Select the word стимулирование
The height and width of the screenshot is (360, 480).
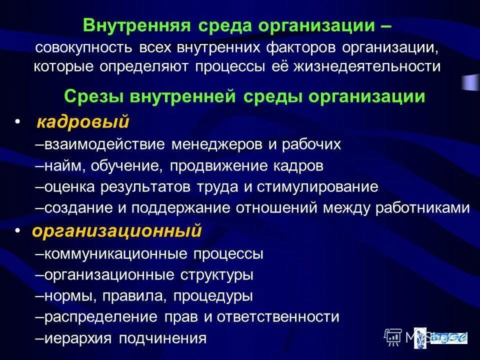click(318, 187)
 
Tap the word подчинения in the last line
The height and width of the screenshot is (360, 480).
click(162, 338)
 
